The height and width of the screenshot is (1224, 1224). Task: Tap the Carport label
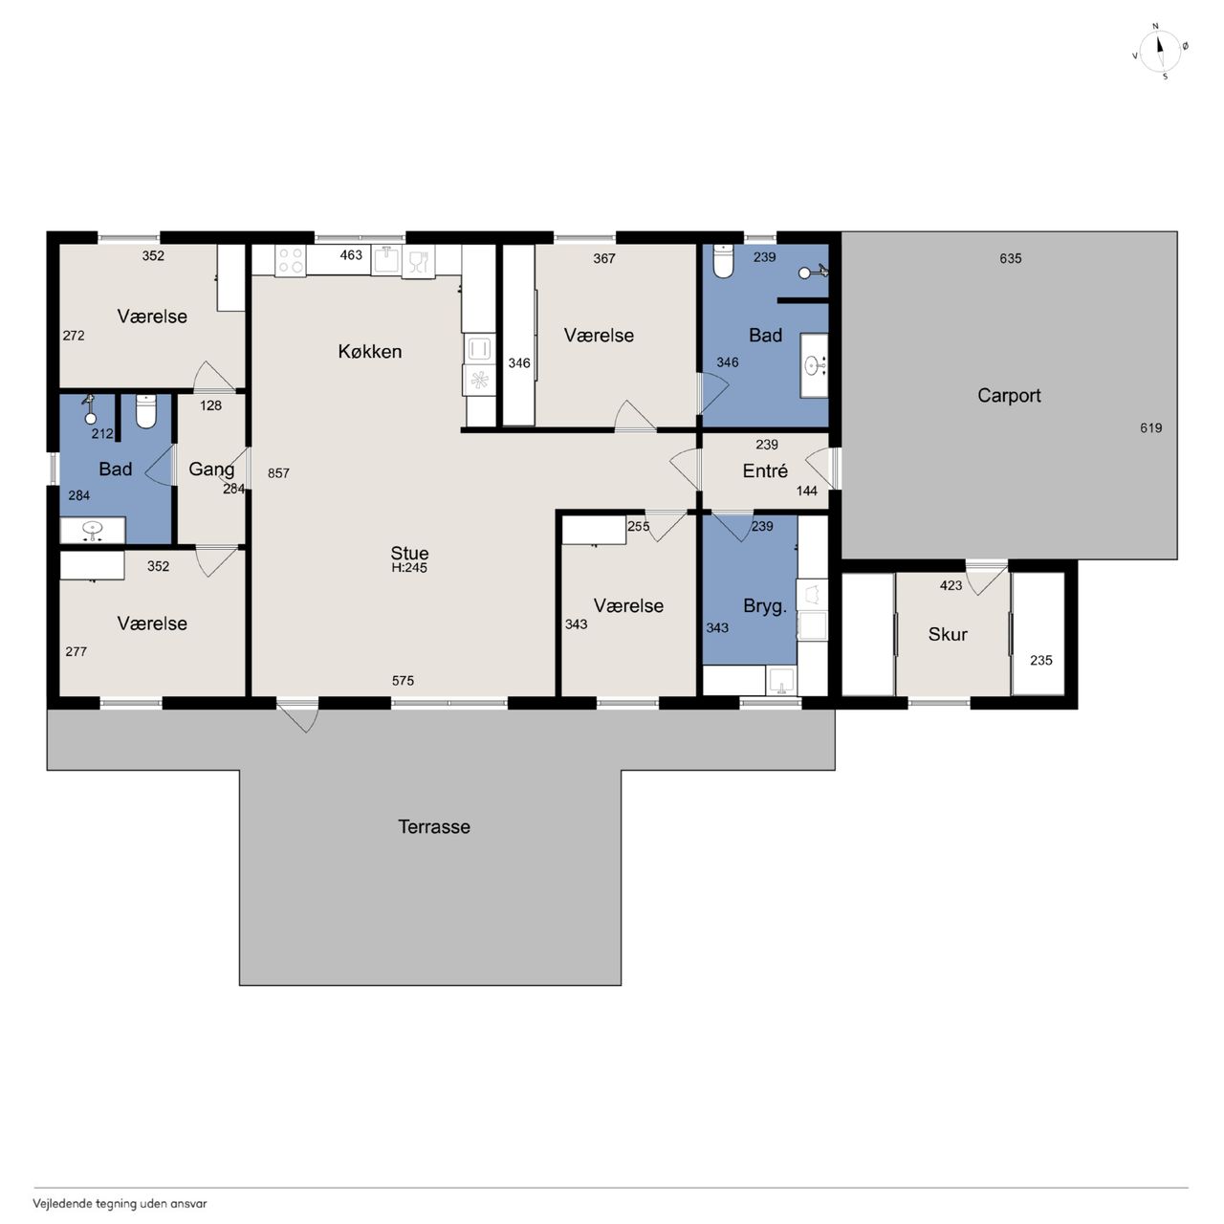1009,396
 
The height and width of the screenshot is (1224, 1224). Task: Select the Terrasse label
434,826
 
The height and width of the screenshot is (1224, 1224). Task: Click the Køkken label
370,351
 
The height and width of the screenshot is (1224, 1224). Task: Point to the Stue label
409,553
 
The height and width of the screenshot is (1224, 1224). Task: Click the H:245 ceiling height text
409,568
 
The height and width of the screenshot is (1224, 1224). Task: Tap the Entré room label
765,470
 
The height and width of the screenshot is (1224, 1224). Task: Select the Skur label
948,634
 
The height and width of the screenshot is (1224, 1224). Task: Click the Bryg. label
765,606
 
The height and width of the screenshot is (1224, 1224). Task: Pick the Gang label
211,470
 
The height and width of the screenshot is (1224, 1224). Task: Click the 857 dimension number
278,473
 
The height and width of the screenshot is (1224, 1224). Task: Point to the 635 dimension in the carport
1010,258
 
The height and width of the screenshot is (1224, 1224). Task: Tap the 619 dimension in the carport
1150,428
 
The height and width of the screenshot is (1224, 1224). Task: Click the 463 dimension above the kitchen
351,255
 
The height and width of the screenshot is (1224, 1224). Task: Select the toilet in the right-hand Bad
723,261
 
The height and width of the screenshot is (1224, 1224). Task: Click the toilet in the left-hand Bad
146,411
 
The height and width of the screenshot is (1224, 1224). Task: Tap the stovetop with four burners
291,260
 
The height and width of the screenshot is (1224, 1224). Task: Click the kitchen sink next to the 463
386,260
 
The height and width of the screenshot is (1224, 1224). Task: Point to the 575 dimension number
403,681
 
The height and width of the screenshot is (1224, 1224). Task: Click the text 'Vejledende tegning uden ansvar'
120,1203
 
